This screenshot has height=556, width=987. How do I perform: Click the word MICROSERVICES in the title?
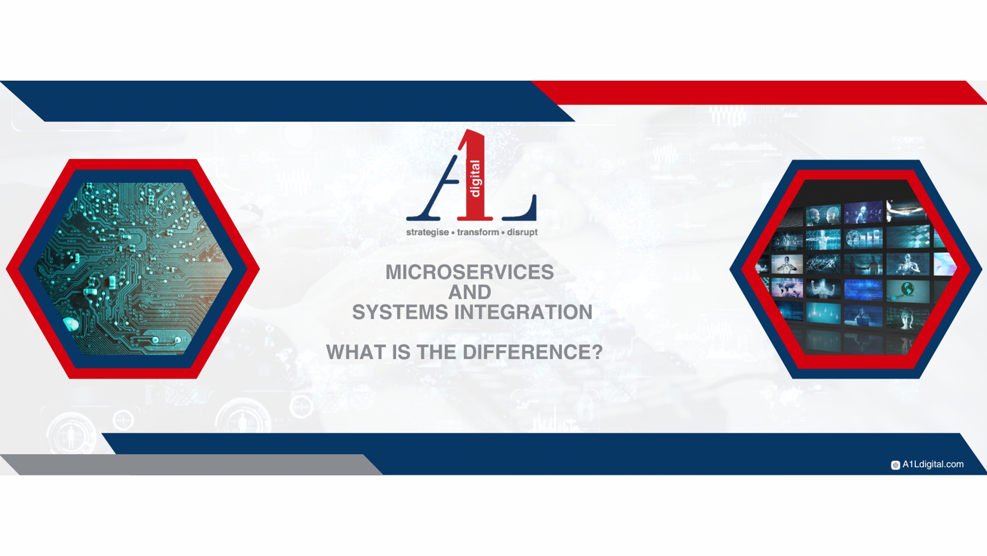pyautogui.click(x=469, y=272)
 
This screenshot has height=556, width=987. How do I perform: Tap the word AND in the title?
pyautogui.click(x=469, y=292)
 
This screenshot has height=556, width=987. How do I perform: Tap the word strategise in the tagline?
pyautogui.click(x=427, y=232)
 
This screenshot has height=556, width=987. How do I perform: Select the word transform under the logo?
pyautogui.click(x=478, y=232)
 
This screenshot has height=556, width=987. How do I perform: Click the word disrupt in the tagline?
pyautogui.click(x=522, y=232)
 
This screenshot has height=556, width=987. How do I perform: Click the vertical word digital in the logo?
pyautogui.click(x=475, y=179)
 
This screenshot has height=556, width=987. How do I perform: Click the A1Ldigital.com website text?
pyautogui.click(x=932, y=465)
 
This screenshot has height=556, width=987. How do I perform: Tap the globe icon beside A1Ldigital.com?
pyautogui.click(x=895, y=465)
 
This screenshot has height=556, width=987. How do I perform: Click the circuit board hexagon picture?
pyautogui.click(x=132, y=268)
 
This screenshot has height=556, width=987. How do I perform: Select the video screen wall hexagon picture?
pyautogui.click(x=855, y=268)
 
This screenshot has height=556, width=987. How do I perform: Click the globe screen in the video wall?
pyautogui.click(x=907, y=291)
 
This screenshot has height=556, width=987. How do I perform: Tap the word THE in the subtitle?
pyautogui.click(x=437, y=353)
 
